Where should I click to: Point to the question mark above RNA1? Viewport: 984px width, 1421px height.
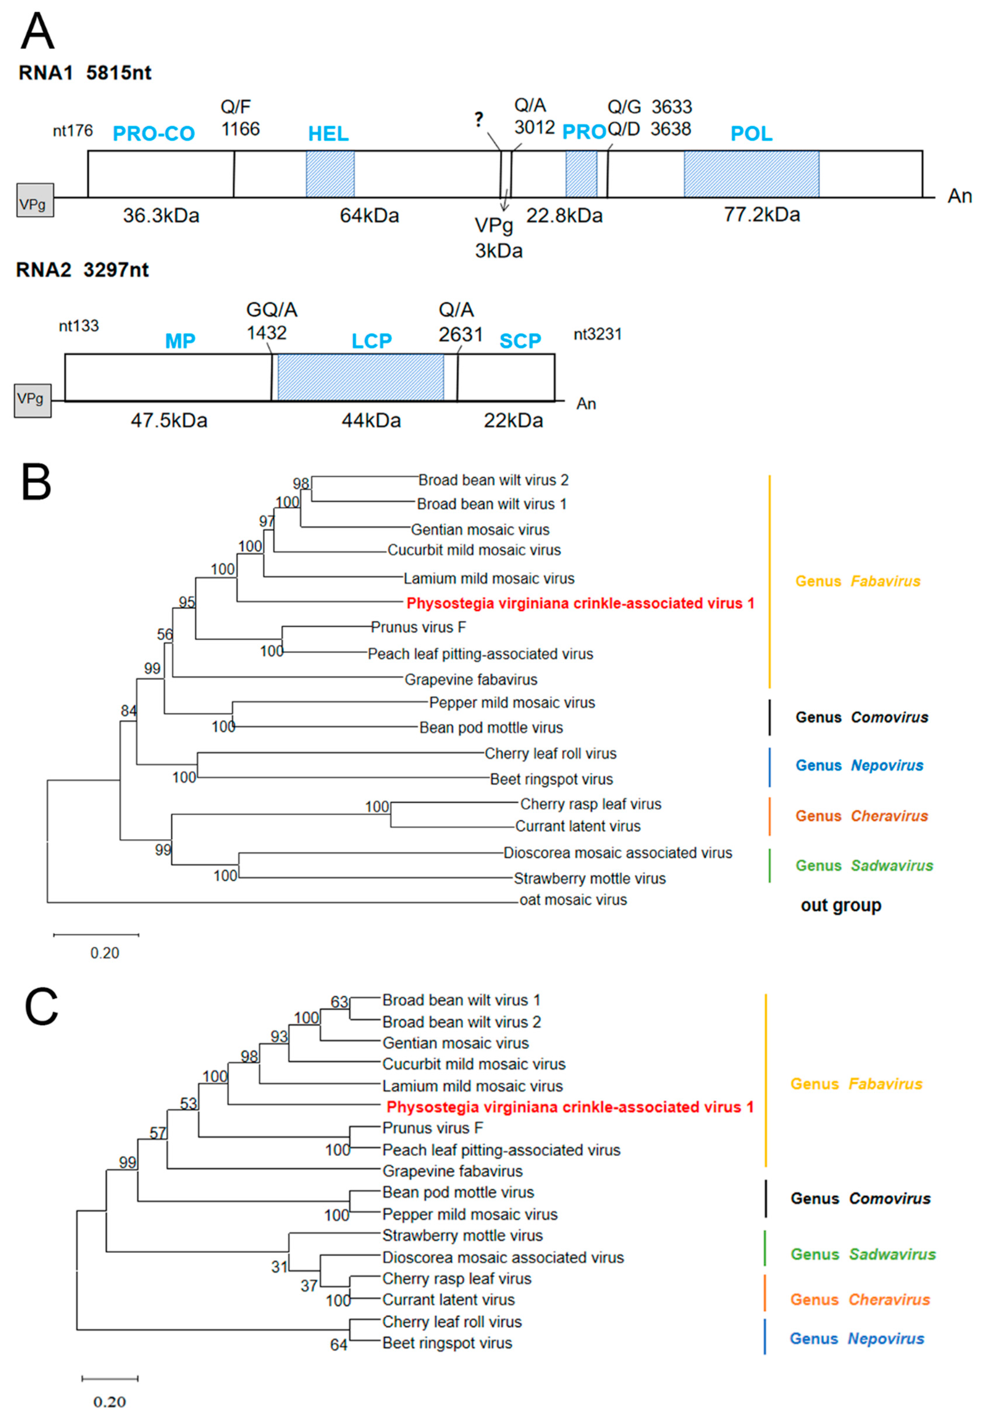(x=479, y=119)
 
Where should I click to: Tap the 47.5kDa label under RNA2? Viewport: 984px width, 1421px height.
(x=169, y=420)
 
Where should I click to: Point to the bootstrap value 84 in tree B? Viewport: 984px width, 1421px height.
(x=128, y=711)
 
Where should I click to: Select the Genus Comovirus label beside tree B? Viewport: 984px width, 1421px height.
(x=861, y=717)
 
